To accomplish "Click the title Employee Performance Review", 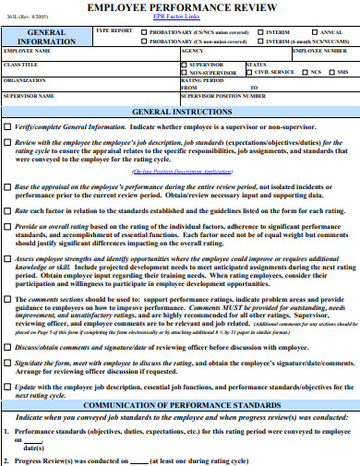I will (x=180, y=7).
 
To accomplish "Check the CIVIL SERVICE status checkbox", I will (x=249, y=71).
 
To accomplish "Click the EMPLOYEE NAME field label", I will (x=28, y=53).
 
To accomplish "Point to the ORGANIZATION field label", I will (x=25, y=80).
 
